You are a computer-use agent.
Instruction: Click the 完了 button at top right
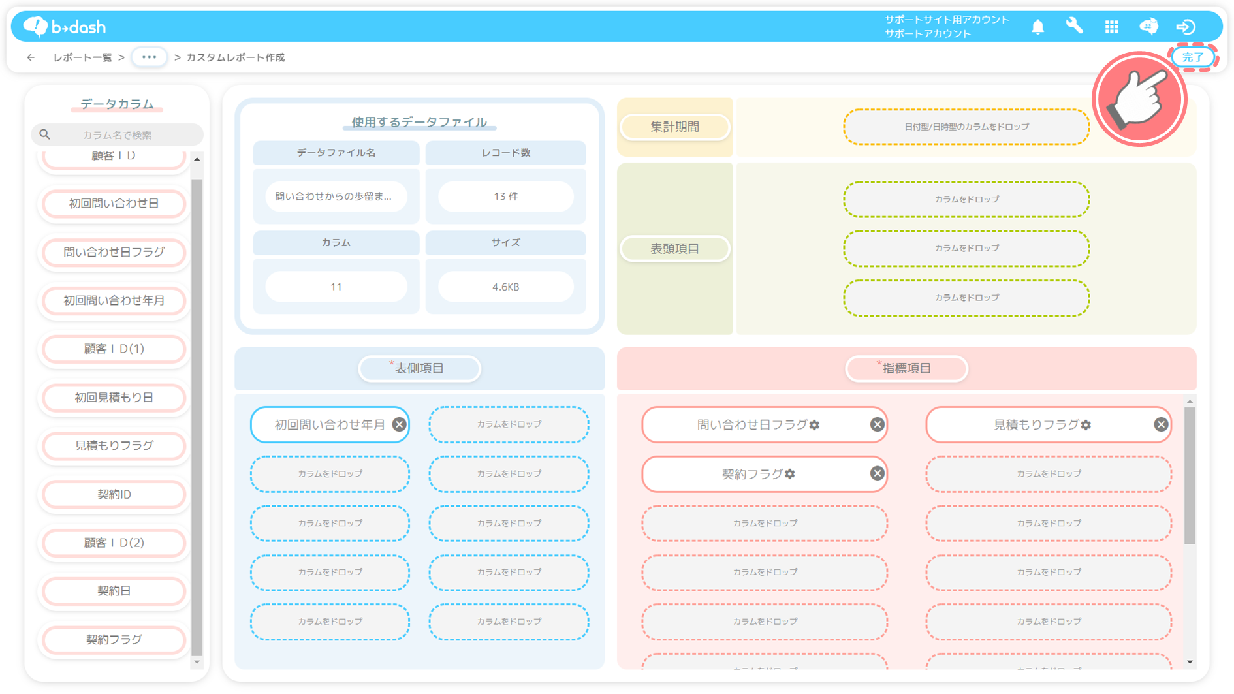[1193, 57]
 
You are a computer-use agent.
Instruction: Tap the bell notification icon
[1037, 27]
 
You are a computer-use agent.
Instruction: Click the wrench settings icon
[1074, 26]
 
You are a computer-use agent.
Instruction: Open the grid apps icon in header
[1111, 27]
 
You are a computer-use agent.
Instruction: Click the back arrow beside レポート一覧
[31, 57]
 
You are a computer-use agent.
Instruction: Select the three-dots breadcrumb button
[149, 57]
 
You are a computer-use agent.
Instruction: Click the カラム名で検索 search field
[118, 134]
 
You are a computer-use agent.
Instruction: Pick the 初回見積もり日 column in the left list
[114, 397]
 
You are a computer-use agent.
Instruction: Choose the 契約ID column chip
[114, 494]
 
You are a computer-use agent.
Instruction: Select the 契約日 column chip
[114, 591]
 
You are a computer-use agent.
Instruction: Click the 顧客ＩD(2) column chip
[114, 543]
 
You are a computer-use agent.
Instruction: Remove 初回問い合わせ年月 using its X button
[399, 424]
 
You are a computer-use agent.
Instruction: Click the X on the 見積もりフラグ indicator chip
[1160, 424]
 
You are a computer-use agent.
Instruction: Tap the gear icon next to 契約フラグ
[790, 474]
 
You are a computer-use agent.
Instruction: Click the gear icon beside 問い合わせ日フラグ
[814, 425]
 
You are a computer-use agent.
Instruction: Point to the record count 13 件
[505, 197]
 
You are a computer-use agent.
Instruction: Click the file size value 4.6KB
[505, 287]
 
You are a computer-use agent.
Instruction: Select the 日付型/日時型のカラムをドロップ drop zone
[966, 127]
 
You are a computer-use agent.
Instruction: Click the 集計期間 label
[674, 127]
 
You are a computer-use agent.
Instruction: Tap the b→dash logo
[64, 27]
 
